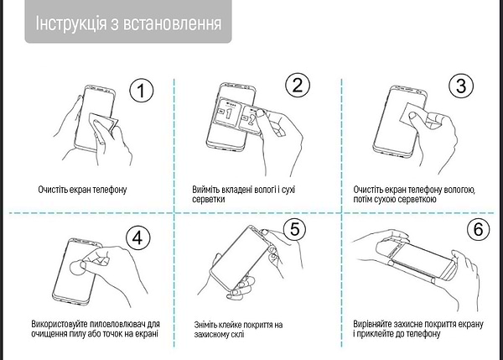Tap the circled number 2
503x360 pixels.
pyautogui.click(x=298, y=86)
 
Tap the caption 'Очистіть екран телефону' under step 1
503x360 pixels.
pyautogui.click(x=82, y=190)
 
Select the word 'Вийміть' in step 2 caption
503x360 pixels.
pyautogui.click(x=206, y=190)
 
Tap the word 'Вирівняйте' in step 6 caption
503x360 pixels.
pyautogui.click(x=375, y=324)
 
